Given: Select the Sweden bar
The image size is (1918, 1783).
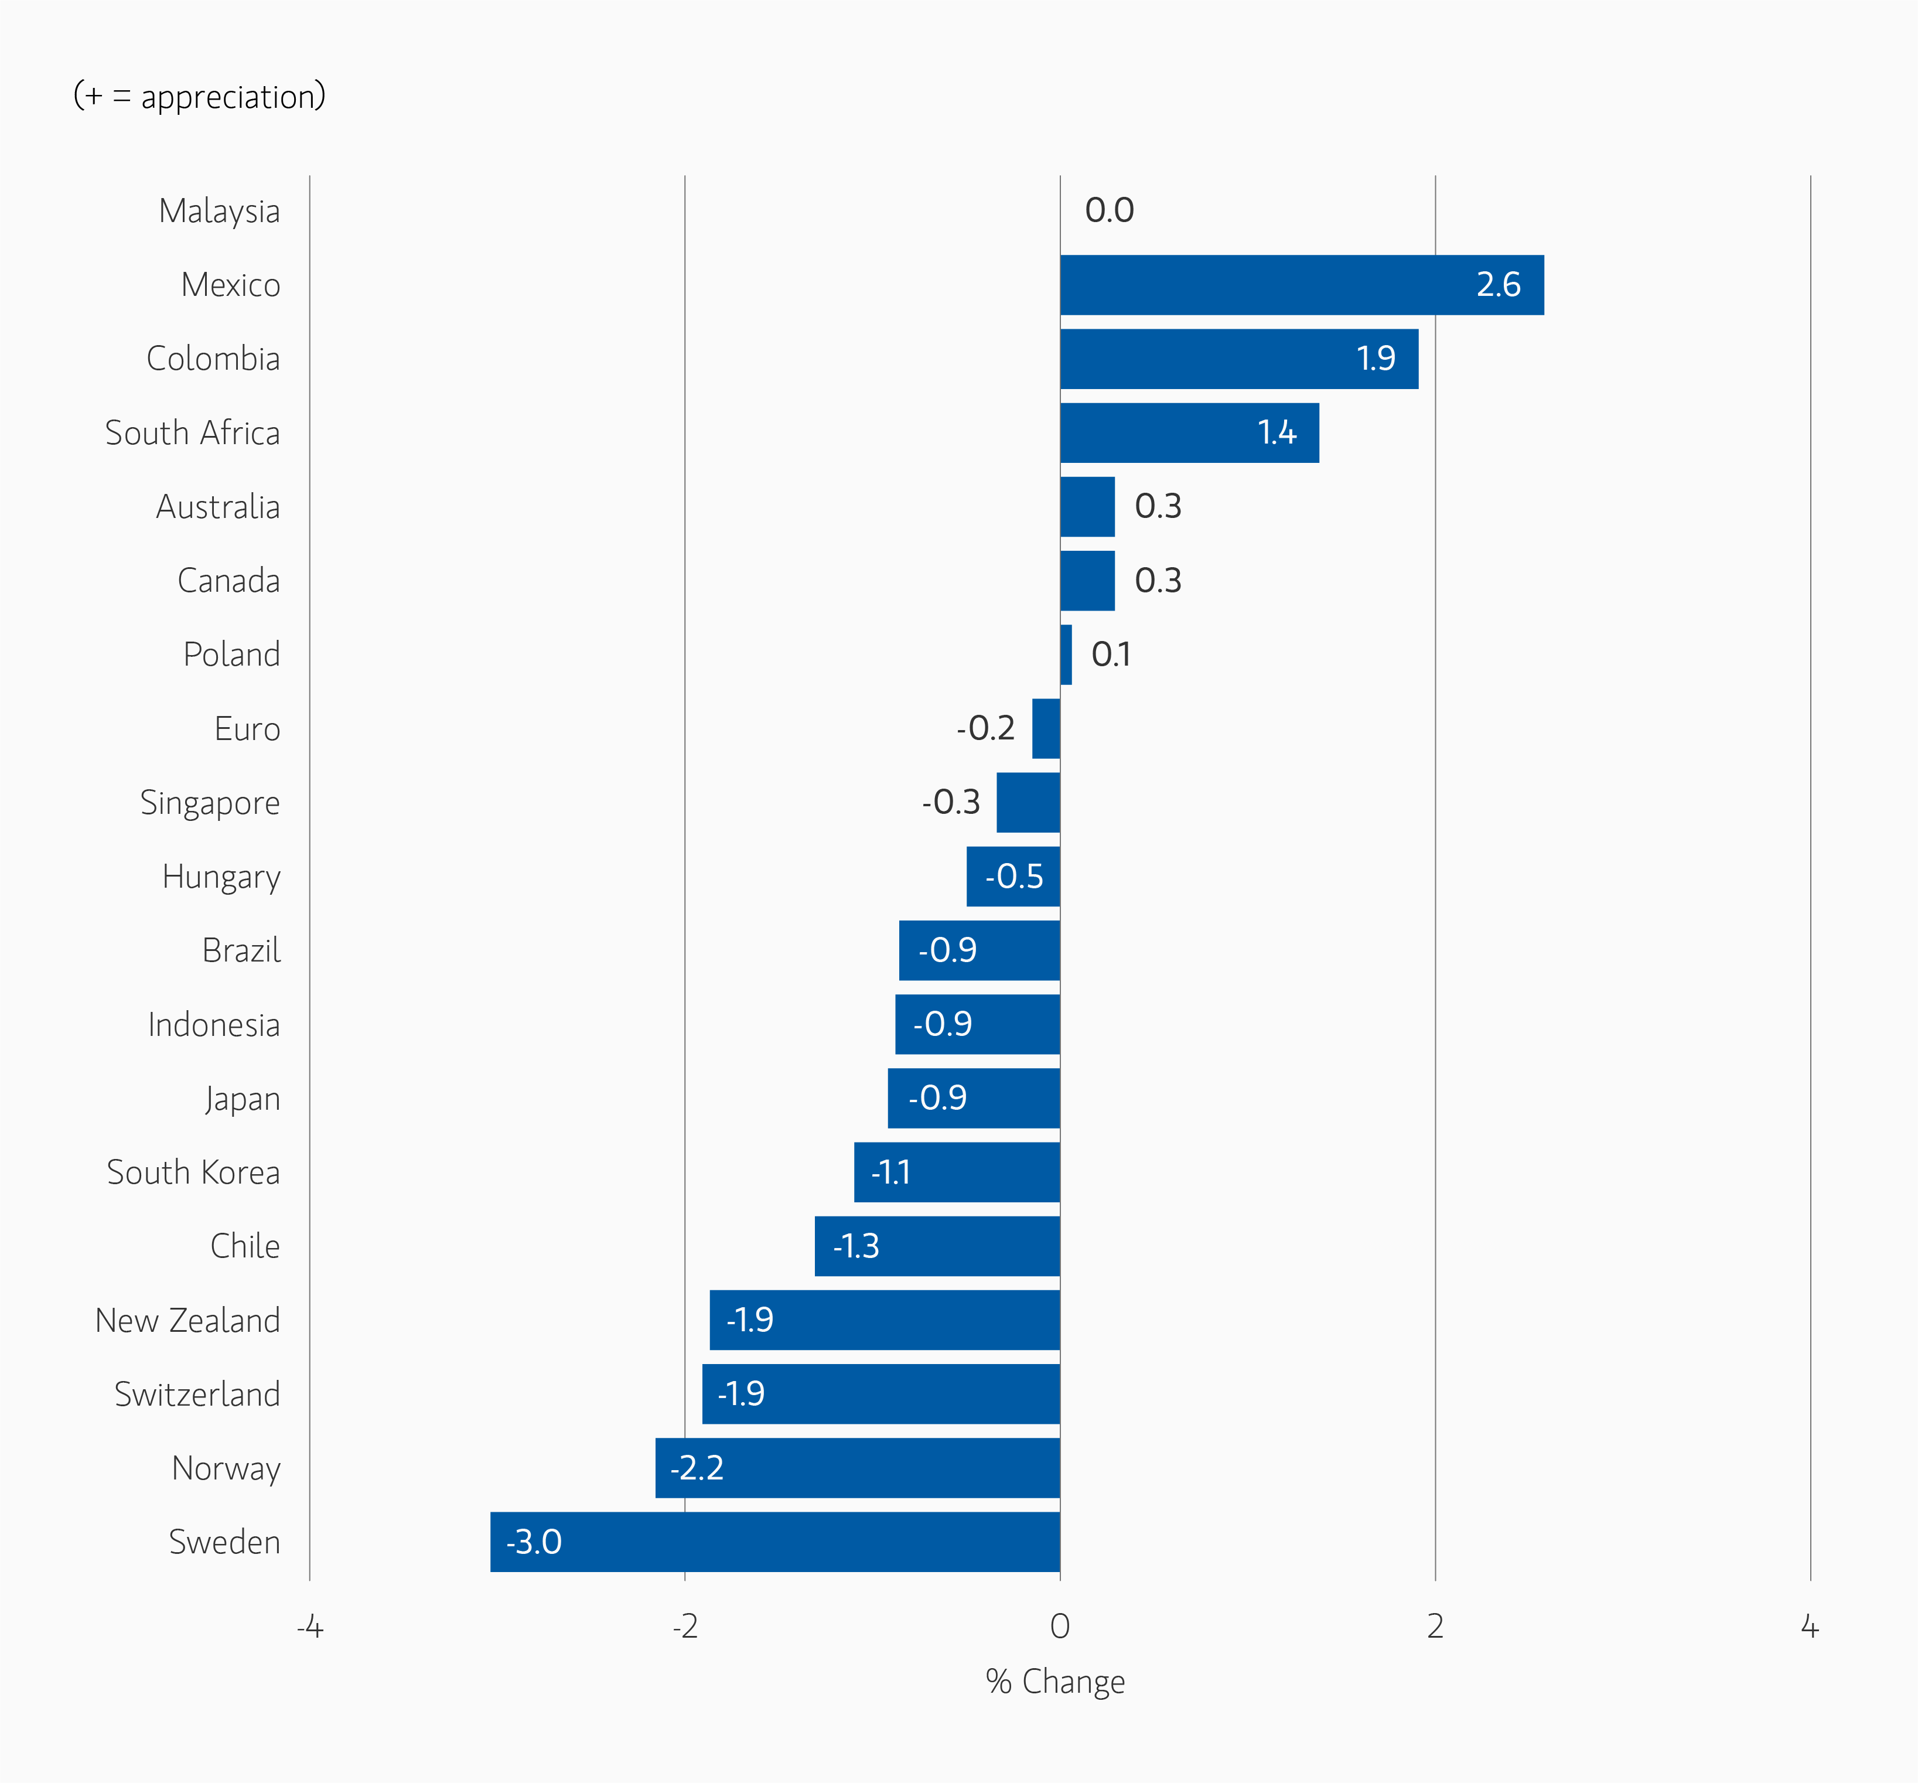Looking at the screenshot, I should pos(774,1541).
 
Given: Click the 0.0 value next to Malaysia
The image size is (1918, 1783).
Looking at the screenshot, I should pos(1108,210).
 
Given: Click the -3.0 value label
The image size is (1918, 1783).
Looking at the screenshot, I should pos(534,1542).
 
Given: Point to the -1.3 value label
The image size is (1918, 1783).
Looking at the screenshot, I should pos(856,1246).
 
